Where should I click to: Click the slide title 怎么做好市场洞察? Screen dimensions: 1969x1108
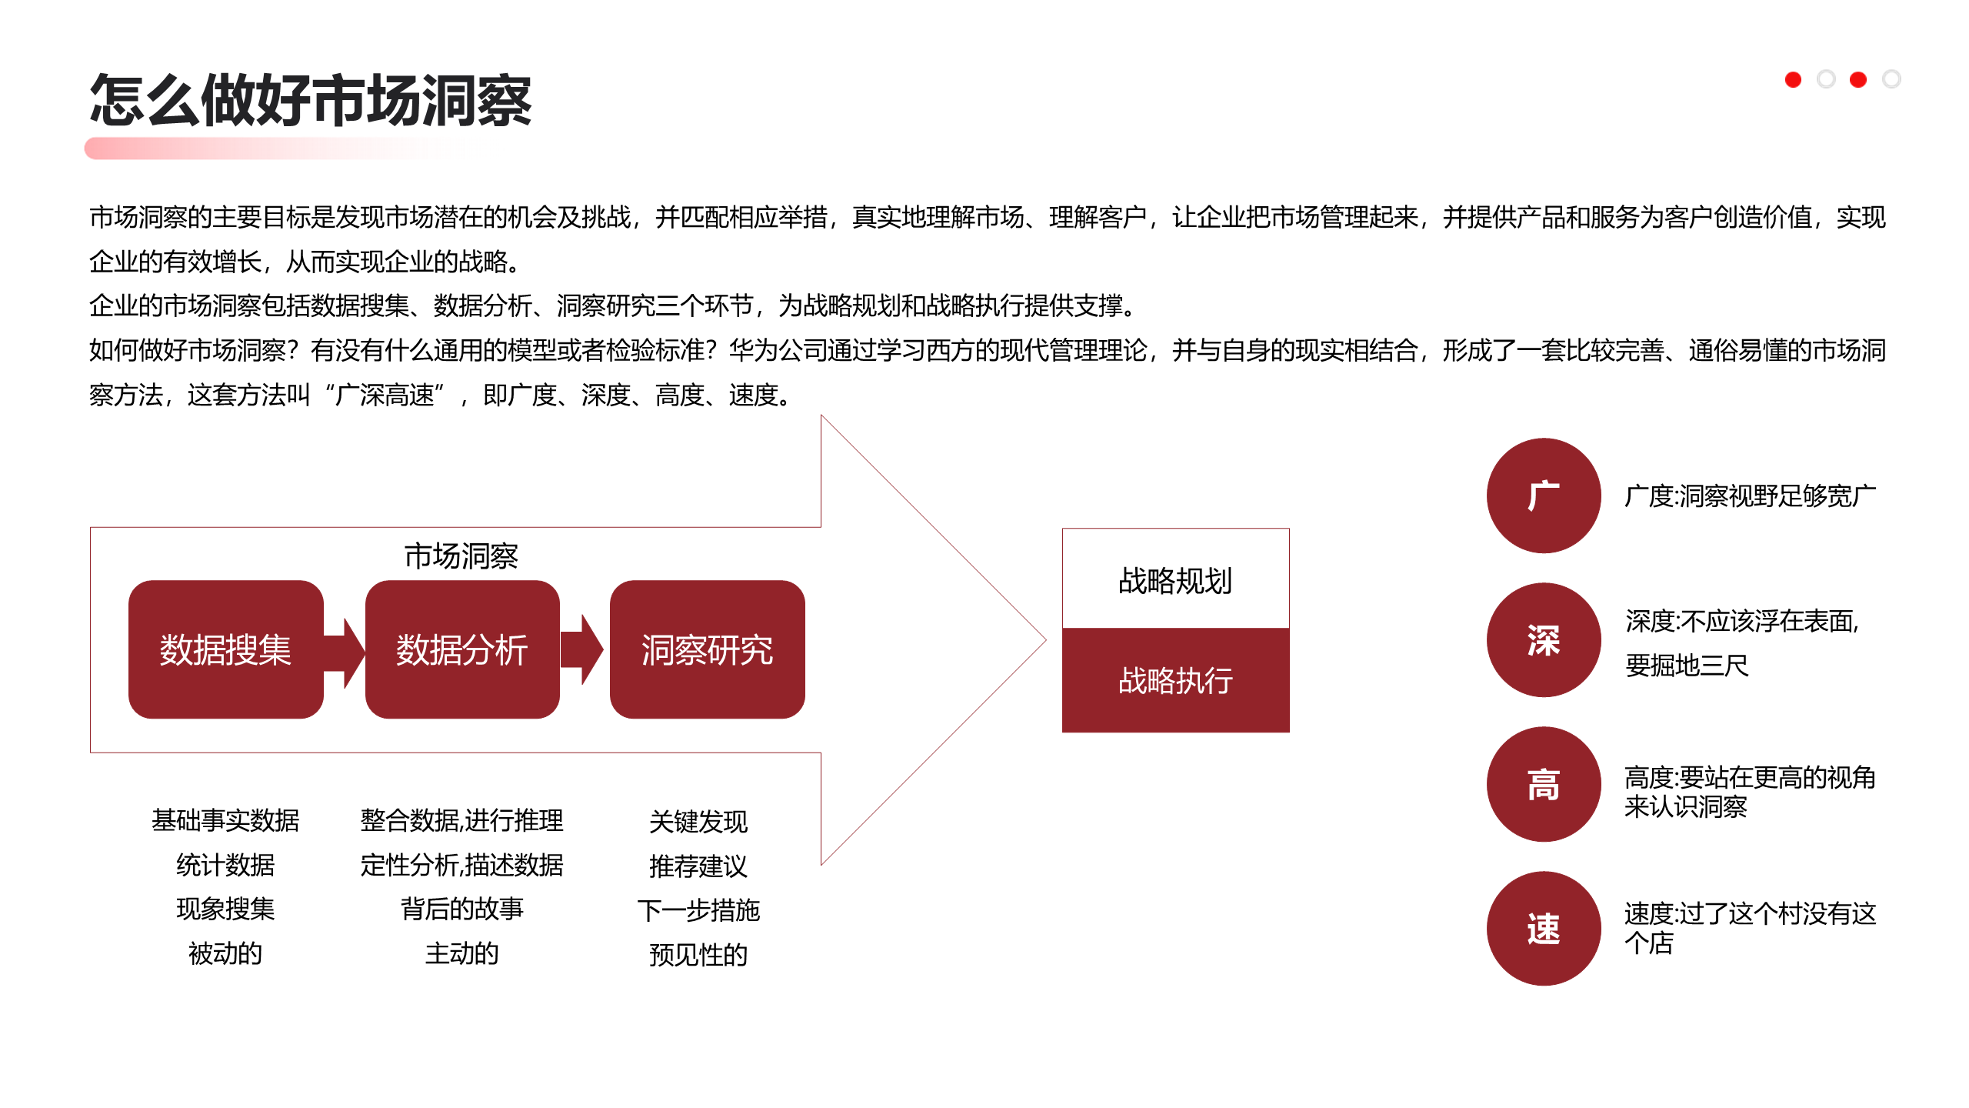310,101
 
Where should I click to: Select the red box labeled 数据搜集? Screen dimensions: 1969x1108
225,649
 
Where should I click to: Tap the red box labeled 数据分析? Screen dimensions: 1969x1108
461,649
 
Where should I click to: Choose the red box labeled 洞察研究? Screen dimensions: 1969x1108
707,649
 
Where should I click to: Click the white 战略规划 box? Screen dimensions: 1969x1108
1175,579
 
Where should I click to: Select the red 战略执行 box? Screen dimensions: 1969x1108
1175,680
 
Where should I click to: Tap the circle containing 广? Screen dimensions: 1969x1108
1543,496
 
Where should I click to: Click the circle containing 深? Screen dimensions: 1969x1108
1543,640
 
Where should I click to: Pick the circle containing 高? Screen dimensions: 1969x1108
1543,784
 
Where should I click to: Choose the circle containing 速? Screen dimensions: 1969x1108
1543,929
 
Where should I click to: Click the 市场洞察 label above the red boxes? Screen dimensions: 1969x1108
461,556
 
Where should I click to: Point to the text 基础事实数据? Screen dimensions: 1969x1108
225,820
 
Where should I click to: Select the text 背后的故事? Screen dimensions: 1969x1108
461,909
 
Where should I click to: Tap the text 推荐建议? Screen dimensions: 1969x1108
698,866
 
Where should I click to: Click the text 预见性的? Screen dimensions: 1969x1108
698,954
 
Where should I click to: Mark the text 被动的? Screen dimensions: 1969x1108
225,953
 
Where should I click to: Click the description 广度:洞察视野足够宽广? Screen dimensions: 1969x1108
1750,496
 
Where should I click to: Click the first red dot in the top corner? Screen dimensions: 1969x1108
1793,79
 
